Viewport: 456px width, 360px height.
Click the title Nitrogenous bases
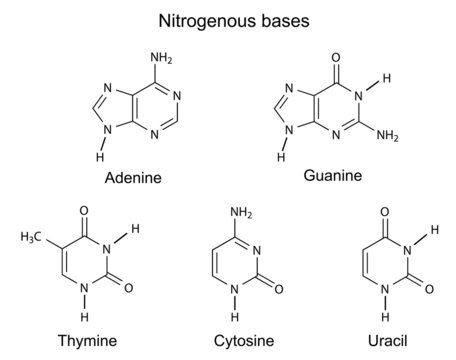(x=227, y=19)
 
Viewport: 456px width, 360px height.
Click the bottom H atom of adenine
(x=97, y=156)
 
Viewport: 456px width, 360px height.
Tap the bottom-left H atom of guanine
(x=283, y=156)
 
